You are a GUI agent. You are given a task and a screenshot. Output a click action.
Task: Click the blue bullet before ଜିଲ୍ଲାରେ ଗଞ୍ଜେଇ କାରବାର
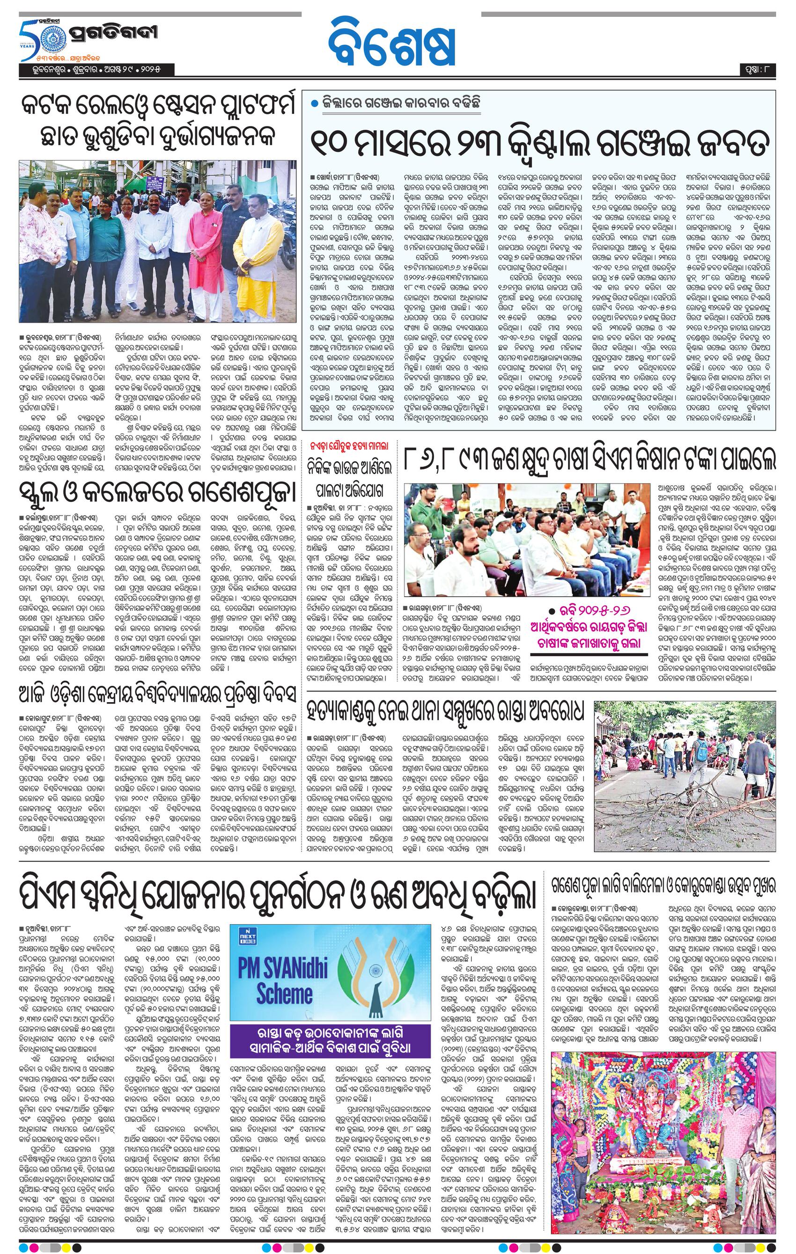click(x=313, y=103)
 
